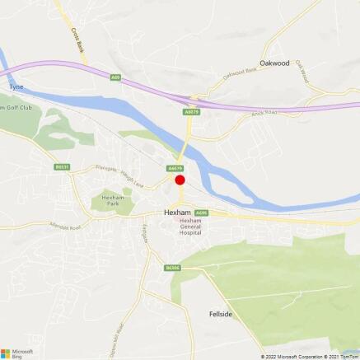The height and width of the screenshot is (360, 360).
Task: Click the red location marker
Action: [x=180, y=180]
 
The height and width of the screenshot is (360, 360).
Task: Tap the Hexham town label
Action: [x=177, y=212]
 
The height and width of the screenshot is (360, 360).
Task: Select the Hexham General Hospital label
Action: [x=190, y=228]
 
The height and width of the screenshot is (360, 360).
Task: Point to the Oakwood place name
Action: [x=274, y=62]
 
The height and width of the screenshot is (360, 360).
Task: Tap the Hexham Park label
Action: [x=111, y=203]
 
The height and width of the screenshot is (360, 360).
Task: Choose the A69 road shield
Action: [x=115, y=77]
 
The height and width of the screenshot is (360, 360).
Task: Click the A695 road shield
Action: [x=202, y=213]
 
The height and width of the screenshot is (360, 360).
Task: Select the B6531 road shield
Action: [x=62, y=166]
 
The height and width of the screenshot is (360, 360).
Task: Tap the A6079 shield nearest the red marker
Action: [x=175, y=168]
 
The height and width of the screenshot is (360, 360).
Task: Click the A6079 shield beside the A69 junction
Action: [x=191, y=111]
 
